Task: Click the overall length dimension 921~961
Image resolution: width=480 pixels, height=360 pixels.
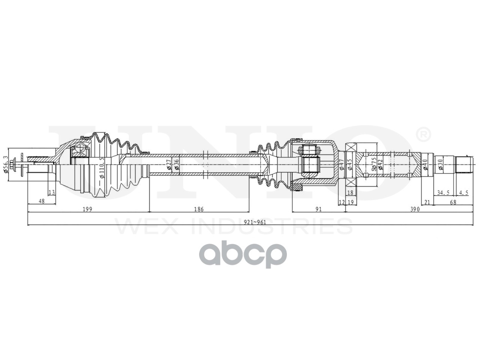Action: coord(255,222)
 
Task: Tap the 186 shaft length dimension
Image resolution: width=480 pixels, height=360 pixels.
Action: coord(199,209)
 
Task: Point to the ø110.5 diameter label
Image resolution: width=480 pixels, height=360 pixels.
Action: coord(101,168)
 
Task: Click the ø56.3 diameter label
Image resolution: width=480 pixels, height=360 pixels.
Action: coord(5,164)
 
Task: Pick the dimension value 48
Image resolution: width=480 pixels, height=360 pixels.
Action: coord(41,201)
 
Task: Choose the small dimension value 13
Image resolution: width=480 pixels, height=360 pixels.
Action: coord(52,193)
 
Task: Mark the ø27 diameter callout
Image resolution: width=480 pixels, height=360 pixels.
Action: coord(169,164)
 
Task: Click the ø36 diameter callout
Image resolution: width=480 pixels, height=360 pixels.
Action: coord(177,164)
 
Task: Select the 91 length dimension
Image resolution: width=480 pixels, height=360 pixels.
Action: coord(318,209)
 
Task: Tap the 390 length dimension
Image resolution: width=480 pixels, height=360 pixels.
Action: coord(414,209)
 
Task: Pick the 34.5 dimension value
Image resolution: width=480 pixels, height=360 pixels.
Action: coord(443,193)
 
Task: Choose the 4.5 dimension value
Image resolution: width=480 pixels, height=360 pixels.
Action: coord(463,193)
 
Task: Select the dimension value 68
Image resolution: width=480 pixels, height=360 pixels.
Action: coord(453,201)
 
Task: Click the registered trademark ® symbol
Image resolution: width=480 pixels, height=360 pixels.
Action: coord(423,134)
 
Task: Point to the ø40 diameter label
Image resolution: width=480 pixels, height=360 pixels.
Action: coord(425,164)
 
